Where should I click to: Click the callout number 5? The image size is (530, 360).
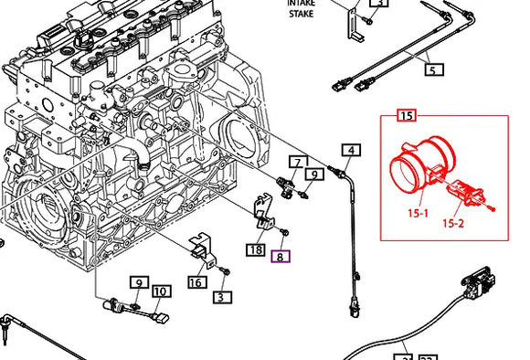tap(433, 69)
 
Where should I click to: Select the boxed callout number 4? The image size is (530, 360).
tap(352, 151)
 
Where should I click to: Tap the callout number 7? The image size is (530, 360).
tap(296, 163)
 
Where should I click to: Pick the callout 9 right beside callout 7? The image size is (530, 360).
tap(313, 174)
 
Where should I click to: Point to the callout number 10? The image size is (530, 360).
tap(160, 292)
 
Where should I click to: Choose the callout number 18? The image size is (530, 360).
tap(256, 249)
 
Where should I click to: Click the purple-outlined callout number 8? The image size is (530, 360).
tap(281, 257)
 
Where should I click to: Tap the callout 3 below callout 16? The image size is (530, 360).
tap(220, 297)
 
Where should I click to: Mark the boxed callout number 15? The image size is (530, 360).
tap(406, 115)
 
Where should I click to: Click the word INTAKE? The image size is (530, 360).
tap(301, 4)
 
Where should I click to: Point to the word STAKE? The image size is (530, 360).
tap(301, 14)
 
